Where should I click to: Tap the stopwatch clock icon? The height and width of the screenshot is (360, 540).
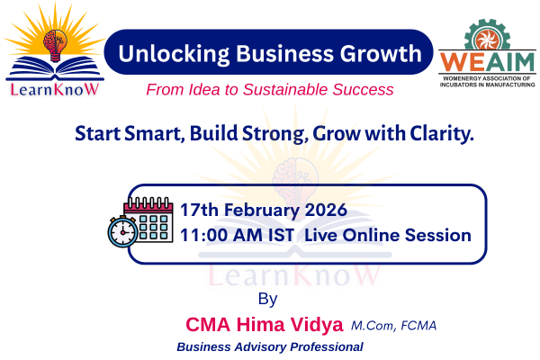121,232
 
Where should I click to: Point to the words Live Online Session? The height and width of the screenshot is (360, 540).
388,236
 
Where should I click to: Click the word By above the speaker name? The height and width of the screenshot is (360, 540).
267,298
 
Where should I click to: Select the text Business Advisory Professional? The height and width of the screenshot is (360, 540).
270,346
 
